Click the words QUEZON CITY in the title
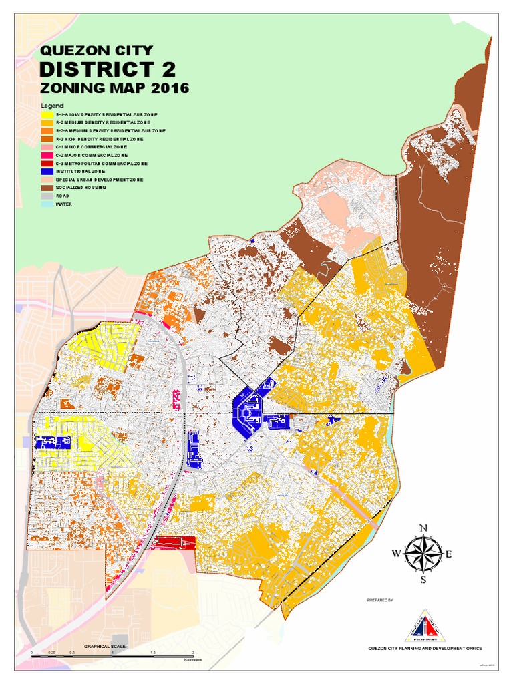pyautogui.click(x=97, y=51)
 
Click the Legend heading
pyautogui.click(x=52, y=106)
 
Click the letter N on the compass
pyautogui.click(x=423, y=529)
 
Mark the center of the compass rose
pyautogui.click(x=423, y=554)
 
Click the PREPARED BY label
pyautogui.click(x=381, y=601)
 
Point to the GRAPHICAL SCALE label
pyautogui.click(x=105, y=647)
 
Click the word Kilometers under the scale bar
pyautogui.click(x=193, y=659)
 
